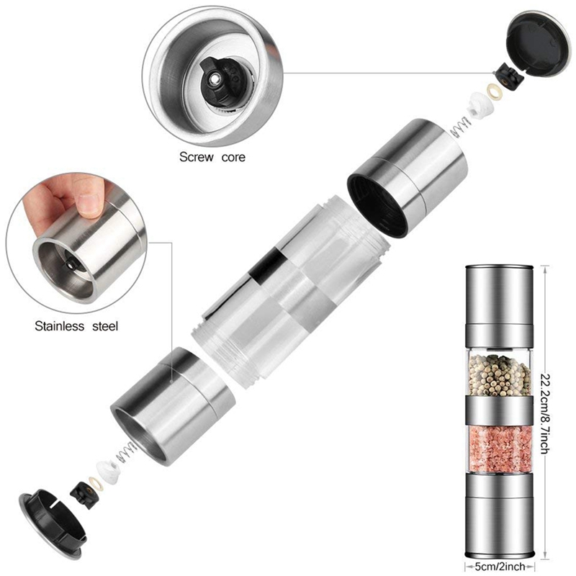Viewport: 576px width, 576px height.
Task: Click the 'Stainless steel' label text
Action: point(76,326)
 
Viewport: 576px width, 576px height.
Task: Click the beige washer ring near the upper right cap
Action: point(492,91)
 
